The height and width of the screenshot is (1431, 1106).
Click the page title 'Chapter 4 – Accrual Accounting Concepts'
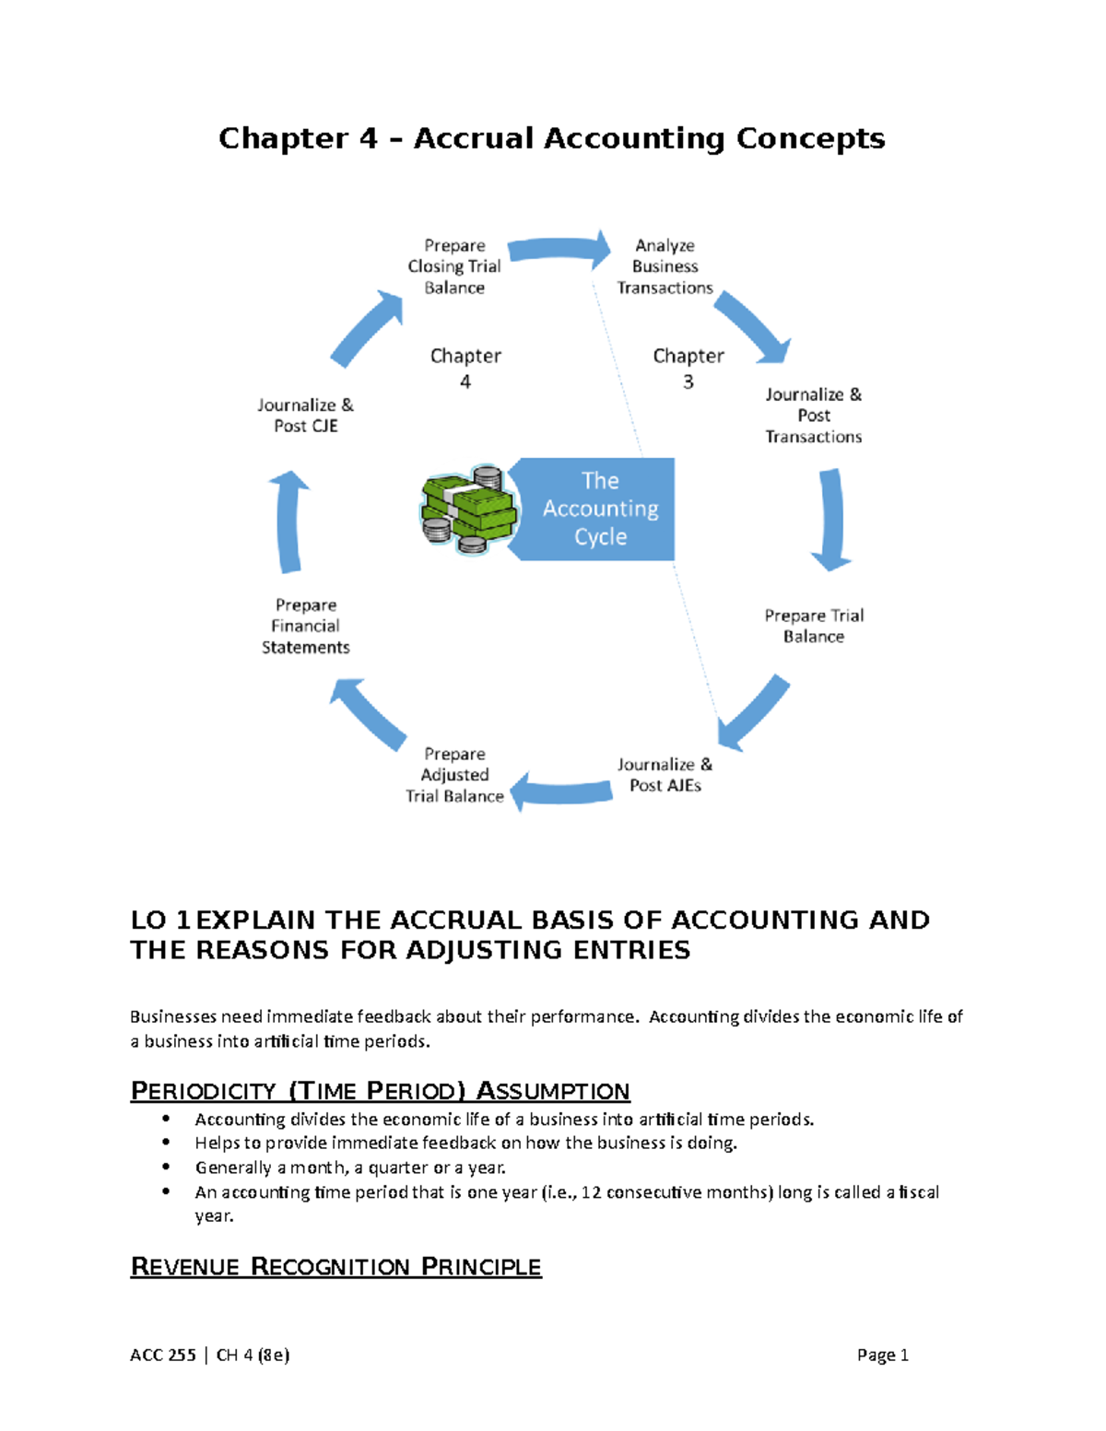coord(551,138)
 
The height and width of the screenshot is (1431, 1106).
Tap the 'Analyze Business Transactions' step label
coord(665,266)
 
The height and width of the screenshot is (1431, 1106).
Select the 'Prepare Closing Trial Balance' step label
coord(454,266)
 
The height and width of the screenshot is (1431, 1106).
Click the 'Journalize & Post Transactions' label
coord(813,416)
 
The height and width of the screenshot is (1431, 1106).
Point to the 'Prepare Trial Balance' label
coord(814,626)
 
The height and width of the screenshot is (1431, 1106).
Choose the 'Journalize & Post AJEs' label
coord(665,775)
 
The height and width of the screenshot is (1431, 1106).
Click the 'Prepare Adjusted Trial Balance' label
coord(454,775)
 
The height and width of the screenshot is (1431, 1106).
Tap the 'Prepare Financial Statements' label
coord(305,626)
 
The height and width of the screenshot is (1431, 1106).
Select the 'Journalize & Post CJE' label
coord(305,416)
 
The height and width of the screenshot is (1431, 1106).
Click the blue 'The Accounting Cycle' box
coord(600,509)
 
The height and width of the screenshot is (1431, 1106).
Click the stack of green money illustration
coord(466,510)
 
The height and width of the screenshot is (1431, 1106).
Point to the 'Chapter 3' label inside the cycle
coord(688,368)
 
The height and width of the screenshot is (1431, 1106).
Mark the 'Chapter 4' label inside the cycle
coord(465,368)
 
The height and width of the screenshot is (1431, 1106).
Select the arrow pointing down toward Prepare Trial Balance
coord(831,519)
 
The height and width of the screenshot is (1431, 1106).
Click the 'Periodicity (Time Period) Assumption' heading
coord(380,1091)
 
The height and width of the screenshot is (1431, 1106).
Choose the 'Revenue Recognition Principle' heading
coord(335,1266)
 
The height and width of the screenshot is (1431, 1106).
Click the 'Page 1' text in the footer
coord(882,1355)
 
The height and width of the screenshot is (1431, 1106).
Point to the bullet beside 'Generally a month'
coord(166,1167)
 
